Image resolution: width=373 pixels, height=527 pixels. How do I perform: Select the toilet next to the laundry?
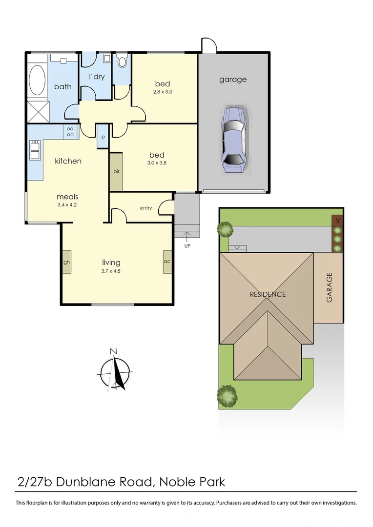pyautogui.click(x=122, y=62)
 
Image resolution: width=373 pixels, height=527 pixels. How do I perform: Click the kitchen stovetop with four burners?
pyautogui.click(x=70, y=131)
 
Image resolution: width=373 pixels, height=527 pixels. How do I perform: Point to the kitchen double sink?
pyautogui.click(x=35, y=150)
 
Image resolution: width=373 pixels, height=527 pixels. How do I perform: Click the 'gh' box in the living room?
pyautogui.click(x=66, y=262)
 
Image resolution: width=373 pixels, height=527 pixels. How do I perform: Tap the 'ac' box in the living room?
pyautogui.click(x=167, y=262)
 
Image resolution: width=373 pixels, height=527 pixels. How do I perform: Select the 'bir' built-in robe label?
pyautogui.click(x=116, y=172)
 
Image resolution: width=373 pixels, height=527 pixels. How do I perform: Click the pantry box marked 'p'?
pyautogui.click(x=103, y=137)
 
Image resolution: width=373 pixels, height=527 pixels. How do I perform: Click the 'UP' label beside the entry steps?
pyautogui.click(x=187, y=246)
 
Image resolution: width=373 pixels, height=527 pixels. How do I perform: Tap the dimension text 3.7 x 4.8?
pyautogui.click(x=111, y=271)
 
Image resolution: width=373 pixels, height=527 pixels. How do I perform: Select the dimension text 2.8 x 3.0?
pyautogui.click(x=163, y=92)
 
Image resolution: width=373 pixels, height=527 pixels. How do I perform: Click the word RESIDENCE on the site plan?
pyautogui.click(x=268, y=294)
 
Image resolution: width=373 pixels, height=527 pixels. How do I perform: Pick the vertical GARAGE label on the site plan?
pyautogui.click(x=329, y=287)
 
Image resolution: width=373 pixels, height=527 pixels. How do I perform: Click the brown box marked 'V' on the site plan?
pyautogui.click(x=337, y=221)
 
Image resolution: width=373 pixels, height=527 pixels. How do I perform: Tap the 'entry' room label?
pyautogui.click(x=145, y=208)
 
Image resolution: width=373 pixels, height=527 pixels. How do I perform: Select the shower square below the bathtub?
pyautogui.click(x=38, y=111)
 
